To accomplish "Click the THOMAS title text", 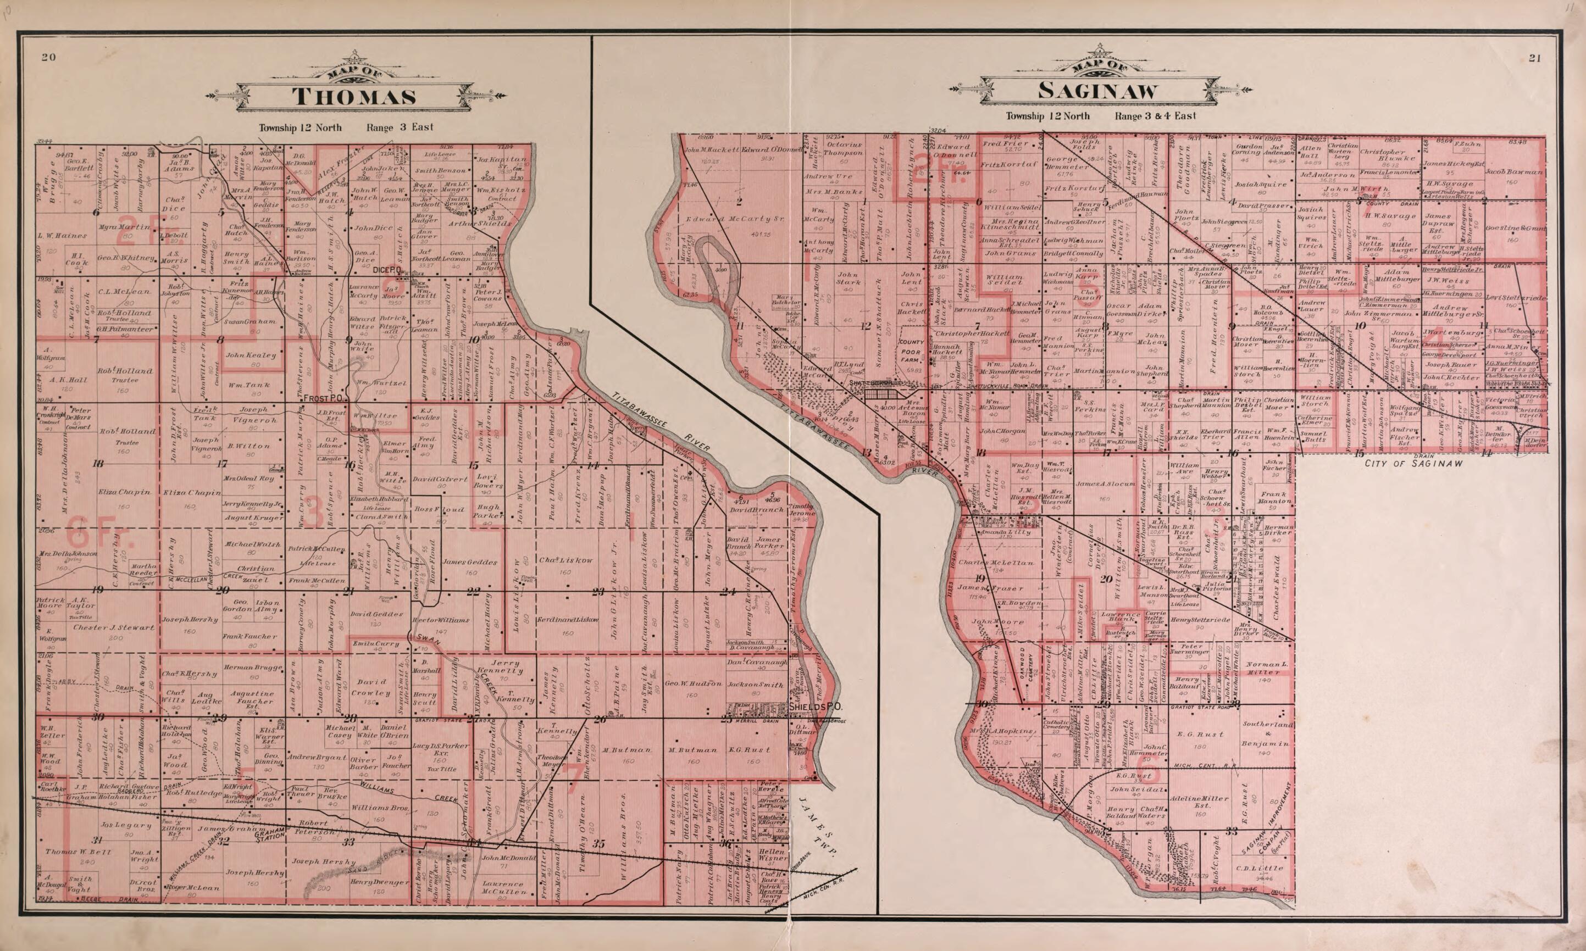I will pyautogui.click(x=354, y=97).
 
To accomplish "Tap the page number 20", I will pyautogui.click(x=47, y=58).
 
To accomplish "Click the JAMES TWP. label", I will pyautogui.click(x=820, y=827).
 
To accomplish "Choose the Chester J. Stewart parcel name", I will pyautogui.click(x=99, y=627).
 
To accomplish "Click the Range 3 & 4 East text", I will pyautogui.click(x=1155, y=116).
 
